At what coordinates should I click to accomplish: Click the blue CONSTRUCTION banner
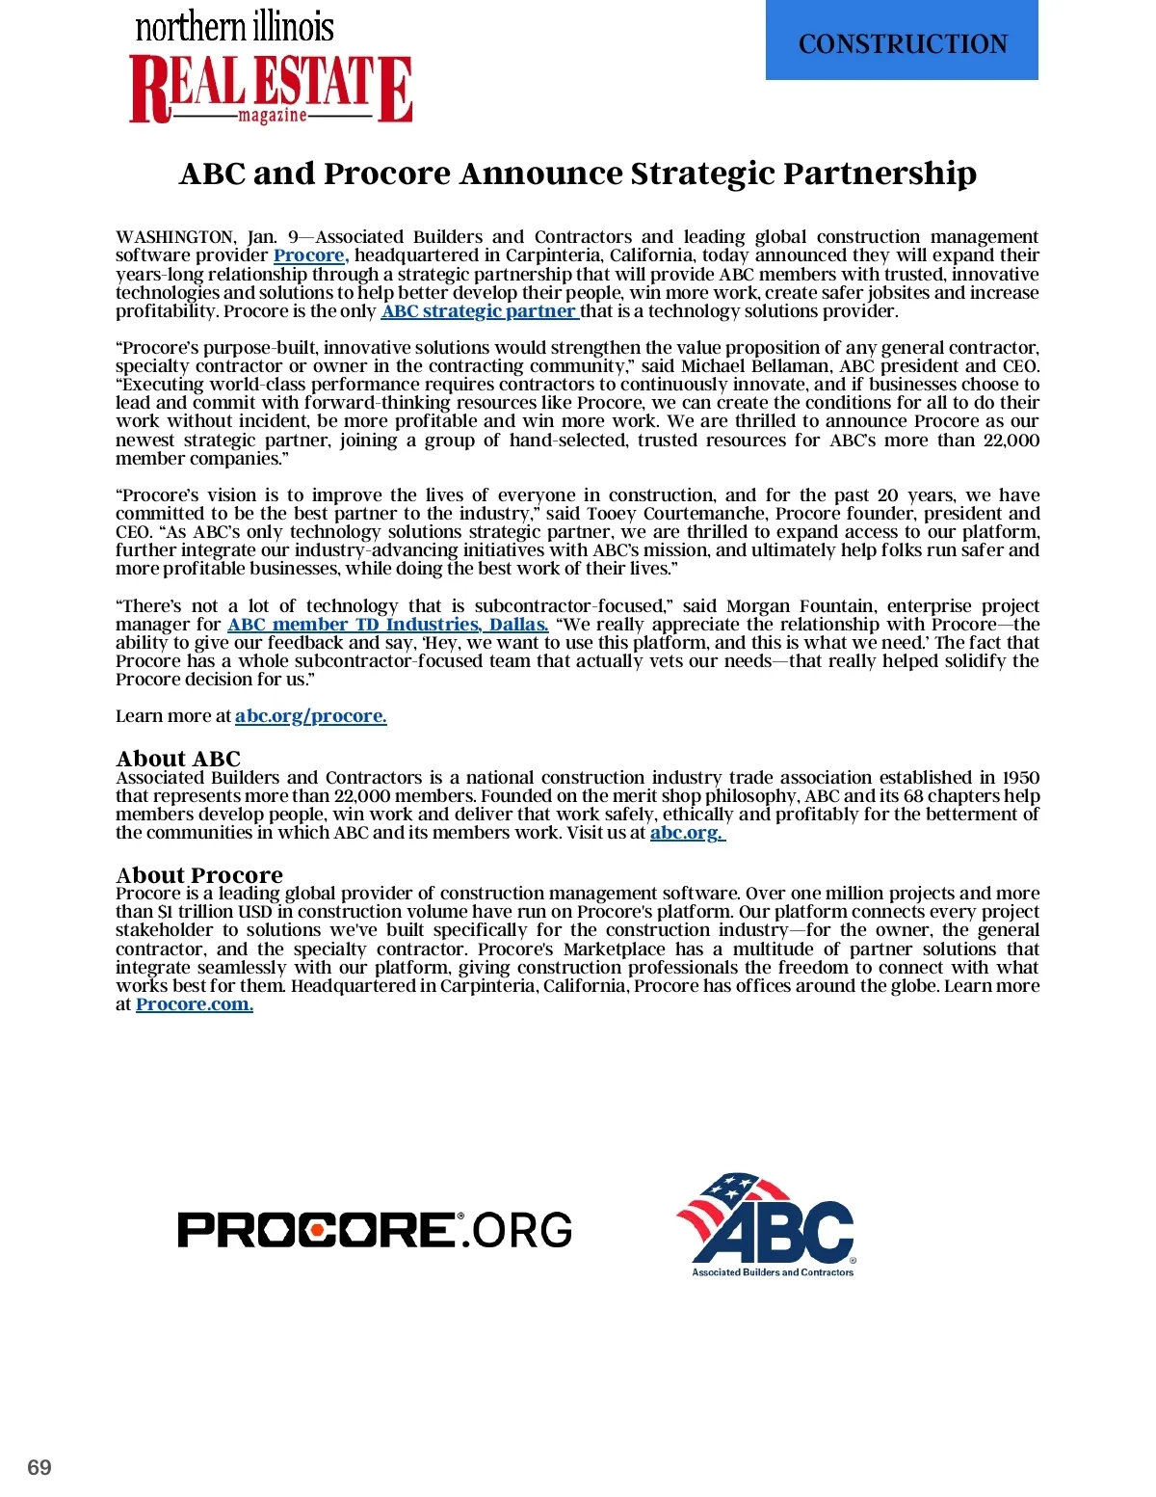902,42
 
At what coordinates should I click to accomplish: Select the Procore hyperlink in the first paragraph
310,255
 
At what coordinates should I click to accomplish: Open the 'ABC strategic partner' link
479,311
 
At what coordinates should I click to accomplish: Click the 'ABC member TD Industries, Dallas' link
387,625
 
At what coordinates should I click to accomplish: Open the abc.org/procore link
310,716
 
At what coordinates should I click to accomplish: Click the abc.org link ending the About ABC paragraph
687,833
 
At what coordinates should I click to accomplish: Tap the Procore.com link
194,1004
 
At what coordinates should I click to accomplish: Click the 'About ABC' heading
178,759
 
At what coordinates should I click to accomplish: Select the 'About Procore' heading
199,874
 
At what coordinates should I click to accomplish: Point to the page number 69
39,1467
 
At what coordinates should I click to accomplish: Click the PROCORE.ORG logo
375,1230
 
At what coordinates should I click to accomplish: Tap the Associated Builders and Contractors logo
768,1225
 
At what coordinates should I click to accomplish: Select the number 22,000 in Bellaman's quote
1011,441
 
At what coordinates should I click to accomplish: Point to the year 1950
1020,778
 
